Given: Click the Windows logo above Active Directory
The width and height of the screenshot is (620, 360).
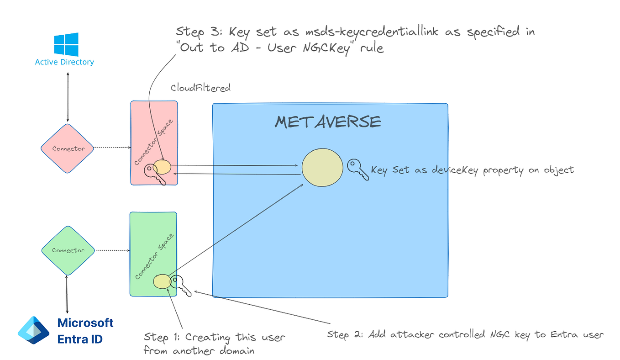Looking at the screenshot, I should coord(66,44).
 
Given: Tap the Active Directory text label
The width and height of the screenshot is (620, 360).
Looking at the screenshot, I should coord(64,62).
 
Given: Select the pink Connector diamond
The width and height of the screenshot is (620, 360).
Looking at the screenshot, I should coord(68,148).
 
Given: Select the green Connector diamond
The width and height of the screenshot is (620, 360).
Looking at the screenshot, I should coord(68,250).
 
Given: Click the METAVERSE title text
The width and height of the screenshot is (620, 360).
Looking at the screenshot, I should coord(328,122).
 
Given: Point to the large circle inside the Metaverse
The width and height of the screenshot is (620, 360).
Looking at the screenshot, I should coord(322,167).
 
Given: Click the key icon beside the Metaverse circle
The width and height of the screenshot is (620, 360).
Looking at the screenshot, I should coord(357,169).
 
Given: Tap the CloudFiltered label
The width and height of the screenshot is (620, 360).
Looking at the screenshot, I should coord(200,88).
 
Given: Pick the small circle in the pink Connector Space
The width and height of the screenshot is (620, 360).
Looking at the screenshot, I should coord(162,167).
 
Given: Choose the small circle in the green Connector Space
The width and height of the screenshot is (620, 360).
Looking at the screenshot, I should coord(162,281).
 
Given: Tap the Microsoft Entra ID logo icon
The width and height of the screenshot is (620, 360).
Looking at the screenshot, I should coord(33,330).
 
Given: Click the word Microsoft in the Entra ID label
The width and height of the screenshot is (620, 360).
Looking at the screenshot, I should coord(85,323).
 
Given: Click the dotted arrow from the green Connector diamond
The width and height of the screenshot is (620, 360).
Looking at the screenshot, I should coord(113,250).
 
